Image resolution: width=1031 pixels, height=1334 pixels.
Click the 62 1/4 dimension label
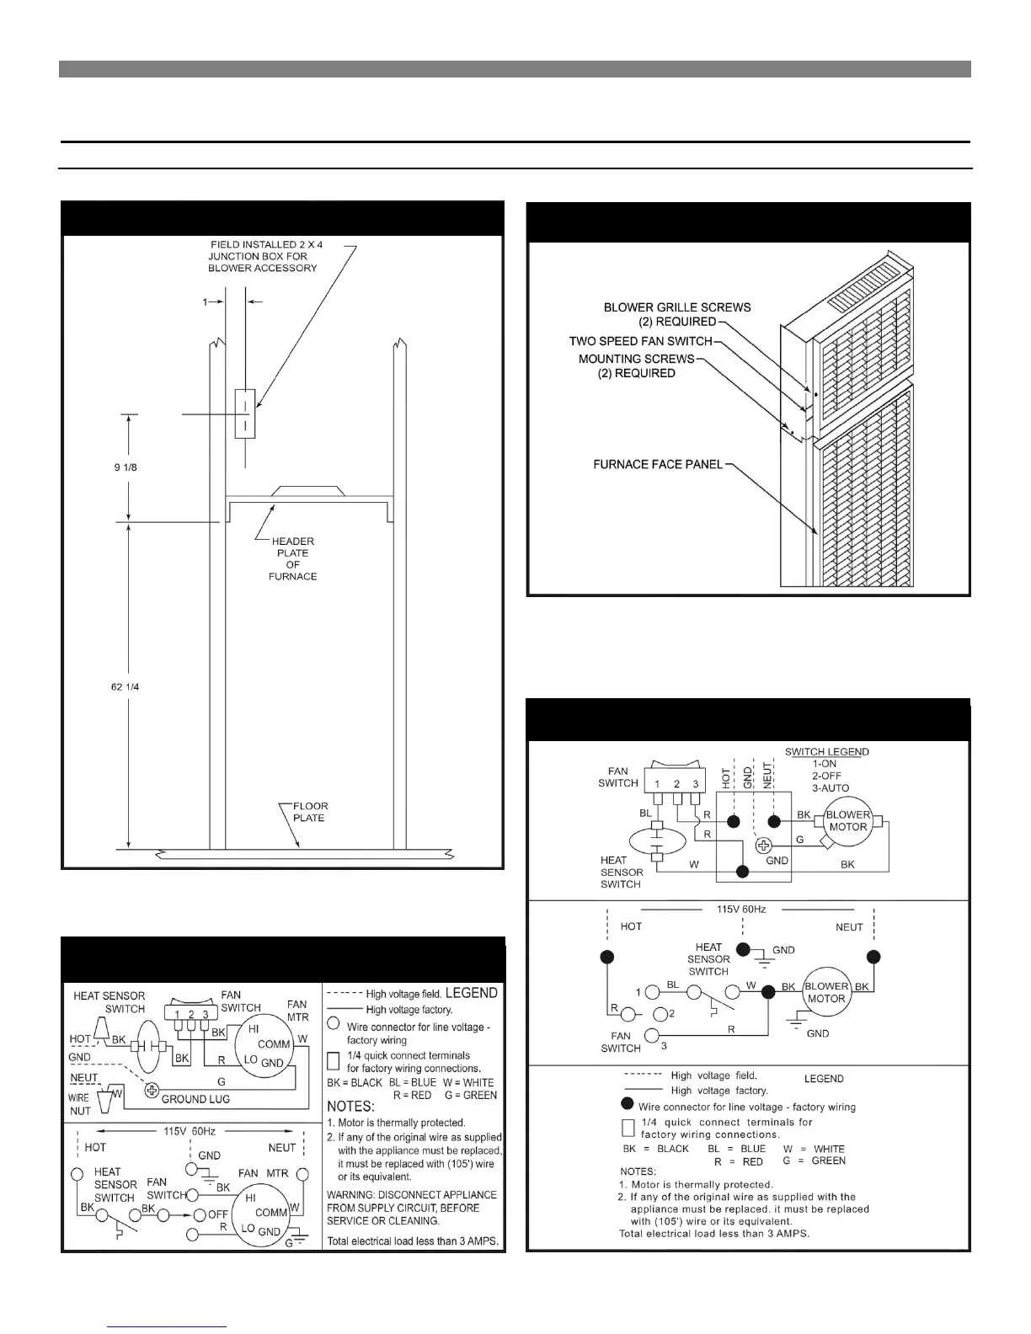pyautogui.click(x=126, y=687)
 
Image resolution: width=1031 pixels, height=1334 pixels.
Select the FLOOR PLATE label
pyautogui.click(x=310, y=812)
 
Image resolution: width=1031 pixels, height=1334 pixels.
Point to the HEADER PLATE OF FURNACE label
pyautogui.click(x=293, y=559)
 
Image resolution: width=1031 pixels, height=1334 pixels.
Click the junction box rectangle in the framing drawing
pyautogui.click(x=245, y=414)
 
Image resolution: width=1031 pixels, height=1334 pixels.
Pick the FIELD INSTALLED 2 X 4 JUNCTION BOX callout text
pyautogui.click(x=263, y=256)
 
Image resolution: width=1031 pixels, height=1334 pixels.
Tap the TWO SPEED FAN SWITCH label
pyautogui.click(x=641, y=341)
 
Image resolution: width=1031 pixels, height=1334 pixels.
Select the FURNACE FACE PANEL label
pyautogui.click(x=658, y=464)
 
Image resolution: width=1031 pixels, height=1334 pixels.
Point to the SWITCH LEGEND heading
pyautogui.click(x=826, y=752)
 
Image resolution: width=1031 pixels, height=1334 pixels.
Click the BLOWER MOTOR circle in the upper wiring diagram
pyautogui.click(x=847, y=821)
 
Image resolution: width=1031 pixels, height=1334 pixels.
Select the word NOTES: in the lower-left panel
pyautogui.click(x=350, y=1106)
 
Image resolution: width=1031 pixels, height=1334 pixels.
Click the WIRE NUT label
pyautogui.click(x=79, y=1104)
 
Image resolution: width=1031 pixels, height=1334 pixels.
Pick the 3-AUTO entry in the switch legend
pyautogui.click(x=831, y=787)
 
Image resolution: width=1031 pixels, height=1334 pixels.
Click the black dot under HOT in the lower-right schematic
pyautogui.click(x=606, y=957)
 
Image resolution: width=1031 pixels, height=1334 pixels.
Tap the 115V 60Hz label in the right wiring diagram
pyautogui.click(x=741, y=909)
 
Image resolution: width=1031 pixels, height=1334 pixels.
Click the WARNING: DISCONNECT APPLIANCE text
pyautogui.click(x=412, y=1195)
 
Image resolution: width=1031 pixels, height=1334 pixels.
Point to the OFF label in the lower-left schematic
pyautogui.click(x=219, y=1214)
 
